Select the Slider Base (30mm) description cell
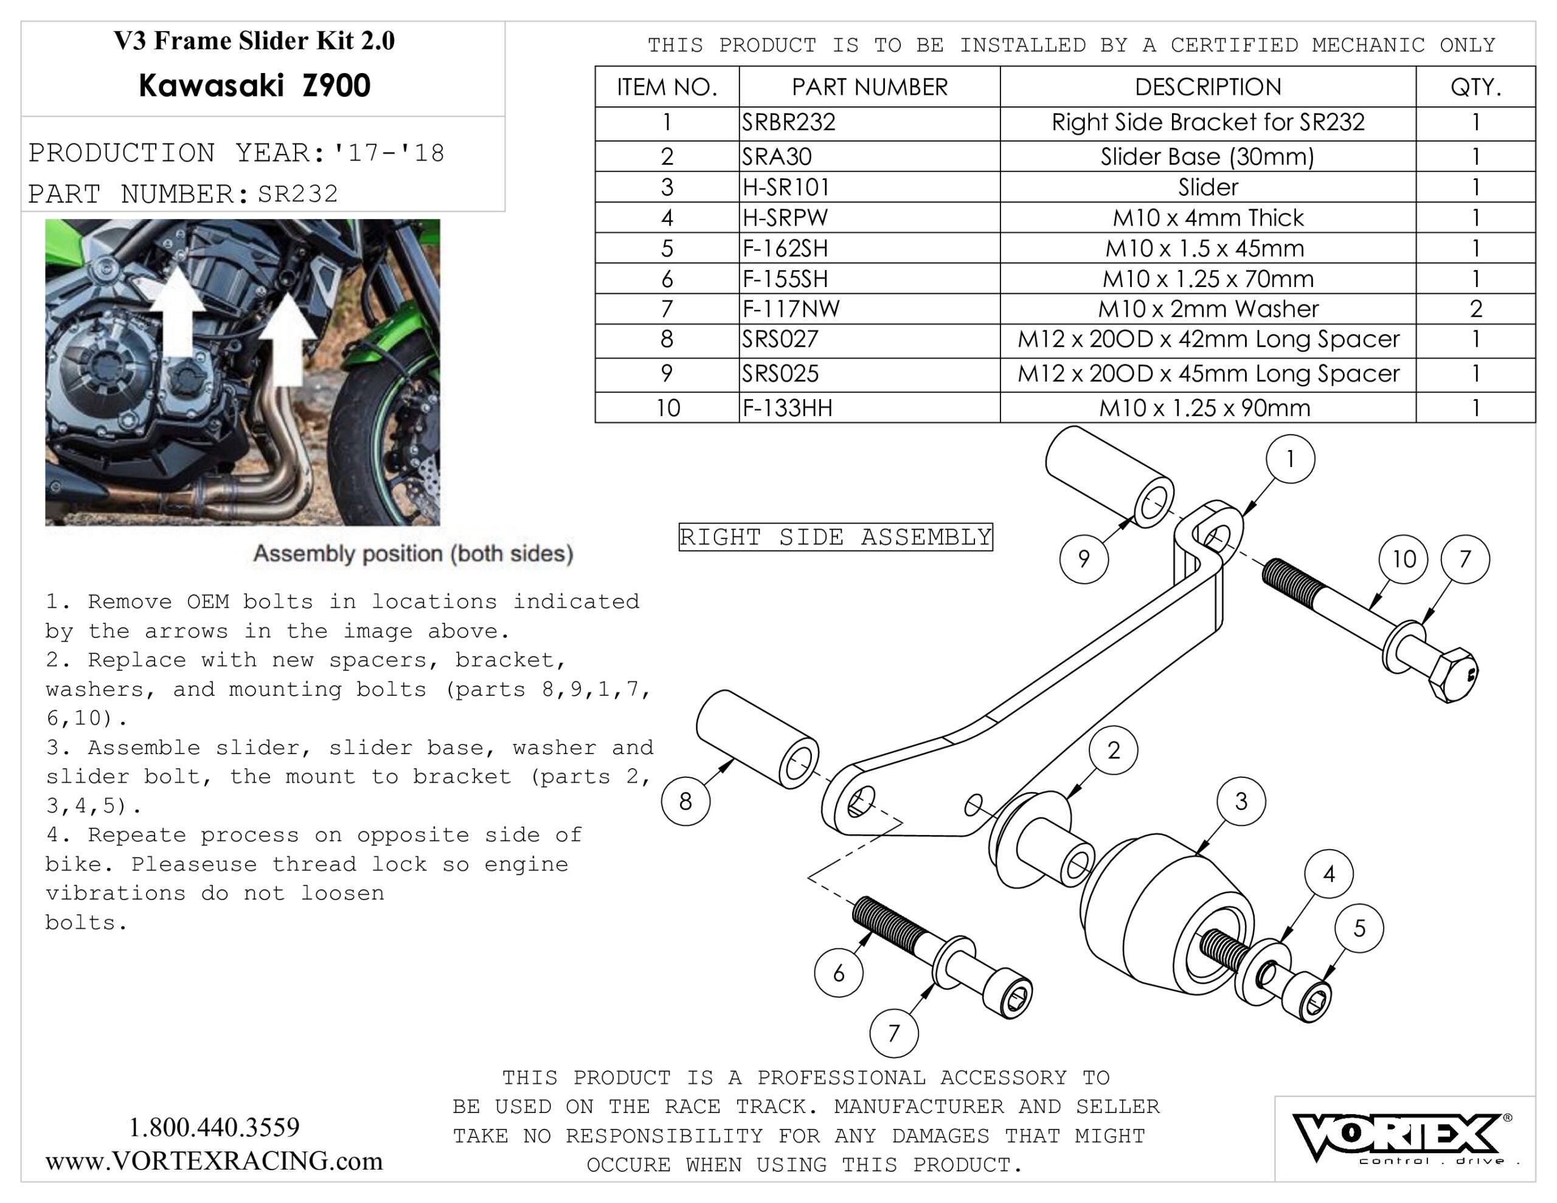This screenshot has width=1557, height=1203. pos(1207,156)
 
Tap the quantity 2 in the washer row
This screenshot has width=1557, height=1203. pos(1475,309)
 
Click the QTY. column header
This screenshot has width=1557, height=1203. pos(1475,87)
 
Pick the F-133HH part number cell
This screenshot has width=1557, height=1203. pos(787,408)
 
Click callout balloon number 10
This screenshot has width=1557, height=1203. pos(1403,559)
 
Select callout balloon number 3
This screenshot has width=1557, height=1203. pos(1241,802)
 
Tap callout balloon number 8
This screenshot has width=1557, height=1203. pos(685,802)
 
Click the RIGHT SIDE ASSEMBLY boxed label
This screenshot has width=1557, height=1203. pos(836,537)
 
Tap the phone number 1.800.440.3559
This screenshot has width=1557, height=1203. pos(214,1128)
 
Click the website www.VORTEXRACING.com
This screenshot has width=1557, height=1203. pos(214,1161)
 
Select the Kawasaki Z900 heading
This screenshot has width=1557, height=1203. pos(254,86)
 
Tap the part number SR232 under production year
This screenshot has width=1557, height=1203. pos(298,194)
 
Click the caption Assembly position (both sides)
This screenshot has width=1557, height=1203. pos(413,553)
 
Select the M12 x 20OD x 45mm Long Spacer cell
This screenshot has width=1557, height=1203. pos(1208,373)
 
